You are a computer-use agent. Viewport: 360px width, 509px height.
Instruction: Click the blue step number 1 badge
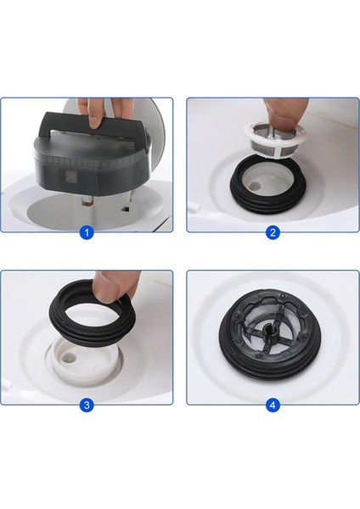(86, 232)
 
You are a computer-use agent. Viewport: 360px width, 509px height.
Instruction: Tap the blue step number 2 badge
(273, 232)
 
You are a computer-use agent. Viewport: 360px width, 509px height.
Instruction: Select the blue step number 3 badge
(86, 406)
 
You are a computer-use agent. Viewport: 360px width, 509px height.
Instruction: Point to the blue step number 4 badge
(273, 406)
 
